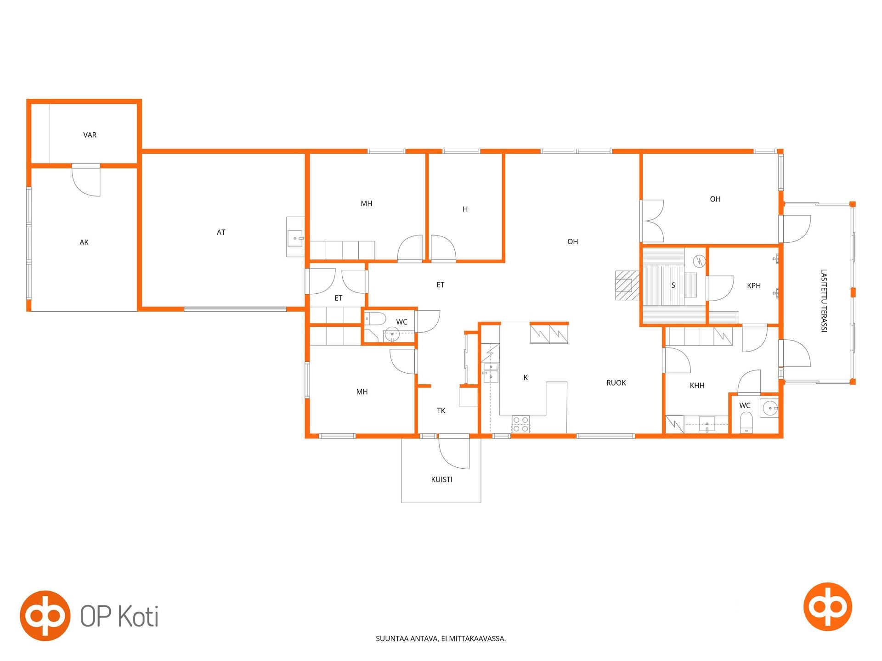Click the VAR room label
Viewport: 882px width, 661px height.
[x=90, y=135]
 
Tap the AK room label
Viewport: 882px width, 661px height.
[x=84, y=242]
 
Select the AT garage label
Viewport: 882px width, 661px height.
[x=221, y=232]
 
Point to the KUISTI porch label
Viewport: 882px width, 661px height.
[x=441, y=480]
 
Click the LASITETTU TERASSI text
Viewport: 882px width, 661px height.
[x=824, y=300]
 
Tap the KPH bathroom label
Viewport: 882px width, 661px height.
[x=754, y=286]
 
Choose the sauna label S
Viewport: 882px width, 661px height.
[x=673, y=286]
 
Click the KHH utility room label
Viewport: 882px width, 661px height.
[x=697, y=386]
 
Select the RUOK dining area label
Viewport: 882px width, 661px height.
[x=616, y=383]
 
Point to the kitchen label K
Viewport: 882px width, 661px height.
[x=526, y=378]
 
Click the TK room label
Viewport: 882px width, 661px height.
[x=441, y=411]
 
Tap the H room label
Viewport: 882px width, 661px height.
[x=465, y=209]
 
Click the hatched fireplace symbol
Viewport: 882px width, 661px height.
[x=627, y=286]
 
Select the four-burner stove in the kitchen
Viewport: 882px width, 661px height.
[x=520, y=424]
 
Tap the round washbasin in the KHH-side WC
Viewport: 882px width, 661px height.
[x=769, y=408]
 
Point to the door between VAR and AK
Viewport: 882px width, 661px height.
[x=86, y=180]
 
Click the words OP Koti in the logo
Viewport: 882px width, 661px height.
[x=119, y=616]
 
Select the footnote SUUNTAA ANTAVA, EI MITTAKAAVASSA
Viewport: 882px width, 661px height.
[x=441, y=639]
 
